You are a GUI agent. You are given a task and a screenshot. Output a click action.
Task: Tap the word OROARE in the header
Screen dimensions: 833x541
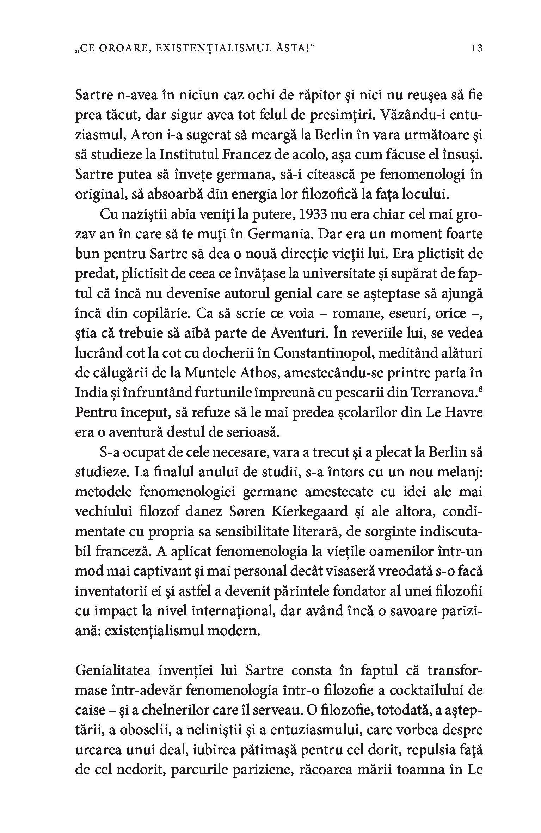(x=121, y=48)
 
